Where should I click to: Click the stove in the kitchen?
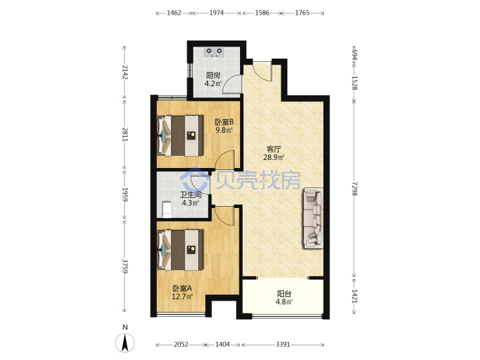pos(214,52)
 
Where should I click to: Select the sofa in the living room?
pos(313,218)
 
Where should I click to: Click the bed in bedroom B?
pos(180,135)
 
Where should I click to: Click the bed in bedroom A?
pos(180,250)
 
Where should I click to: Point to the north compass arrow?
pos(125,343)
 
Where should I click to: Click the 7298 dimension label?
pos(354,189)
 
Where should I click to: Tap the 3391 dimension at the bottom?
pos(283,345)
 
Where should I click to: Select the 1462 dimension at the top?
pos(174,13)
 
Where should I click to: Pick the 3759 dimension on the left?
pos(125,266)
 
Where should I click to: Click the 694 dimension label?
pos(354,55)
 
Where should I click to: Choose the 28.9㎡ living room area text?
pos(274,157)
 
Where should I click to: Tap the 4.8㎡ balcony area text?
pos(284,302)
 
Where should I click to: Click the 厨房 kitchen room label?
pos(213,75)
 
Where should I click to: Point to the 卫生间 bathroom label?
pos(191,195)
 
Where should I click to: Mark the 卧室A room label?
pos(182,289)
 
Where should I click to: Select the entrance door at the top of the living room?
pos(263,71)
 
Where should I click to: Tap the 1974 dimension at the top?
pos(217,13)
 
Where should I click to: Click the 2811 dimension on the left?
pos(125,134)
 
